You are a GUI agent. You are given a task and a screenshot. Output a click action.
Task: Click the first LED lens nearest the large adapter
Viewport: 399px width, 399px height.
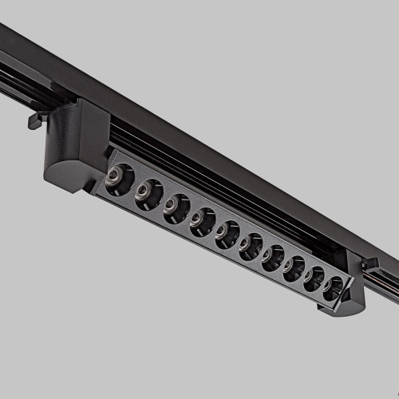click(x=118, y=179)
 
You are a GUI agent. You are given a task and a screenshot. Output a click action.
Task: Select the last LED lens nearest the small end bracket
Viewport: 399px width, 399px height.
click(x=332, y=288)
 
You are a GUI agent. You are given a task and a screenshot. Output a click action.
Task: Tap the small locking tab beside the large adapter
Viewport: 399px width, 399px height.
click(x=34, y=120)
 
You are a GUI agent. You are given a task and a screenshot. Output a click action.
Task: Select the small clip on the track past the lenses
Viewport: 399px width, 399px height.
click(x=369, y=263)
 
